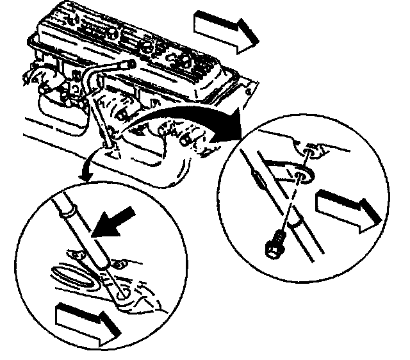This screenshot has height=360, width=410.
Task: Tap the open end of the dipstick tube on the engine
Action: point(130,63)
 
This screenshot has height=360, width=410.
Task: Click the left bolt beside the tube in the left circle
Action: point(72,254)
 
